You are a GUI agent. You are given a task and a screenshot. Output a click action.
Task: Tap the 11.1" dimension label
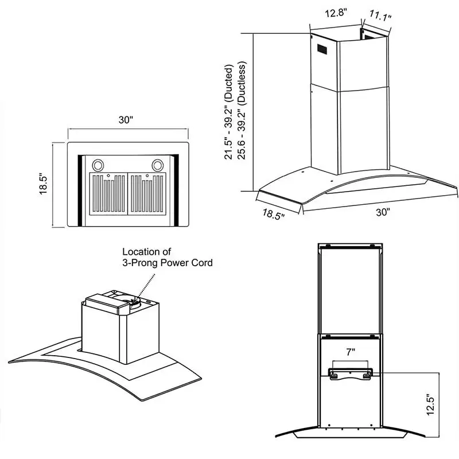pyautogui.click(x=379, y=15)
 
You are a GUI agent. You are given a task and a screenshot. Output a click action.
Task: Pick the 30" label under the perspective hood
pyautogui.click(x=383, y=212)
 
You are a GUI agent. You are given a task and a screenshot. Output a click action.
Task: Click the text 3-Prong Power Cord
pyautogui.click(x=168, y=263)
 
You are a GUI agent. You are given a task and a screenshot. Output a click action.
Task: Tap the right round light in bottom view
pyautogui.click(x=156, y=165)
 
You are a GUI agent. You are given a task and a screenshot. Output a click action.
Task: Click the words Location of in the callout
pyautogui.click(x=147, y=252)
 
